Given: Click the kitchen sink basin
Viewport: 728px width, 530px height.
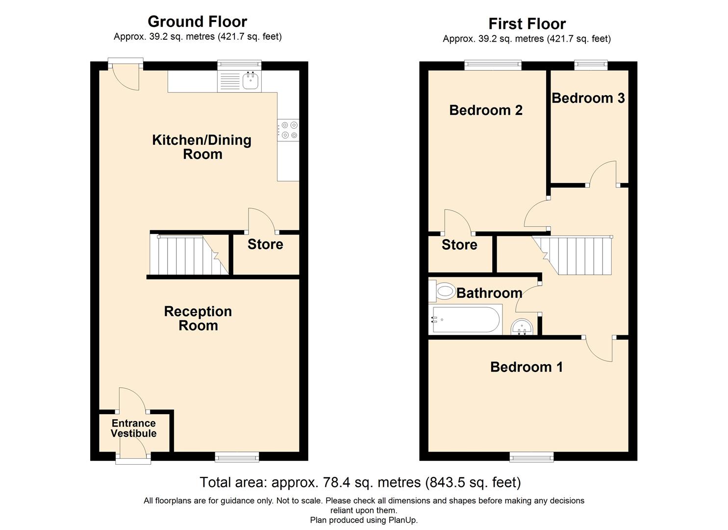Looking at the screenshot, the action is (251, 80).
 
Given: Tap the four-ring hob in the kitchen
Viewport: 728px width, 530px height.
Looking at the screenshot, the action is (288, 130).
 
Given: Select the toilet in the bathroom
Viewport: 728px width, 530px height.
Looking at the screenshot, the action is (442, 290).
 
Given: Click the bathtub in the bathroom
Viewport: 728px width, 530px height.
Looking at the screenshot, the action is (465, 319).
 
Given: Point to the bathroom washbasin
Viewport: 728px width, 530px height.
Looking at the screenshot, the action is (522, 327).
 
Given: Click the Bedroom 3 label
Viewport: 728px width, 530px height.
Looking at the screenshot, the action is (588, 98).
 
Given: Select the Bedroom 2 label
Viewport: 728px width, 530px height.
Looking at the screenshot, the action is (486, 110).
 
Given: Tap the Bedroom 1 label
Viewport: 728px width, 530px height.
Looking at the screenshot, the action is (526, 367).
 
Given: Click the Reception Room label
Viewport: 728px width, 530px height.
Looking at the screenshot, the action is (198, 318).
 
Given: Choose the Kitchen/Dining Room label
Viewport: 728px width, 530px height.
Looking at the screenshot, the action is (202, 147).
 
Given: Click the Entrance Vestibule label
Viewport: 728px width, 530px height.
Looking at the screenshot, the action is (133, 428).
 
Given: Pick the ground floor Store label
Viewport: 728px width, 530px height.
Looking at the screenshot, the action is (265, 244).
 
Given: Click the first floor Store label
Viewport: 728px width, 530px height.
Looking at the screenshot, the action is (459, 245).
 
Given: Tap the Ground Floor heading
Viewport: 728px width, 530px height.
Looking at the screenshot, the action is (197, 22).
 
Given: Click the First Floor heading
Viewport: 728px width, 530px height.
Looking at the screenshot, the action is (527, 24).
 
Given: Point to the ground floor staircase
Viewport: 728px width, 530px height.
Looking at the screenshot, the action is (189, 255).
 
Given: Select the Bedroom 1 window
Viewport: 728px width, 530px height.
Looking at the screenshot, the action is (532, 457).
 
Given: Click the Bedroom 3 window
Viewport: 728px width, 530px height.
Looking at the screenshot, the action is (591, 65).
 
